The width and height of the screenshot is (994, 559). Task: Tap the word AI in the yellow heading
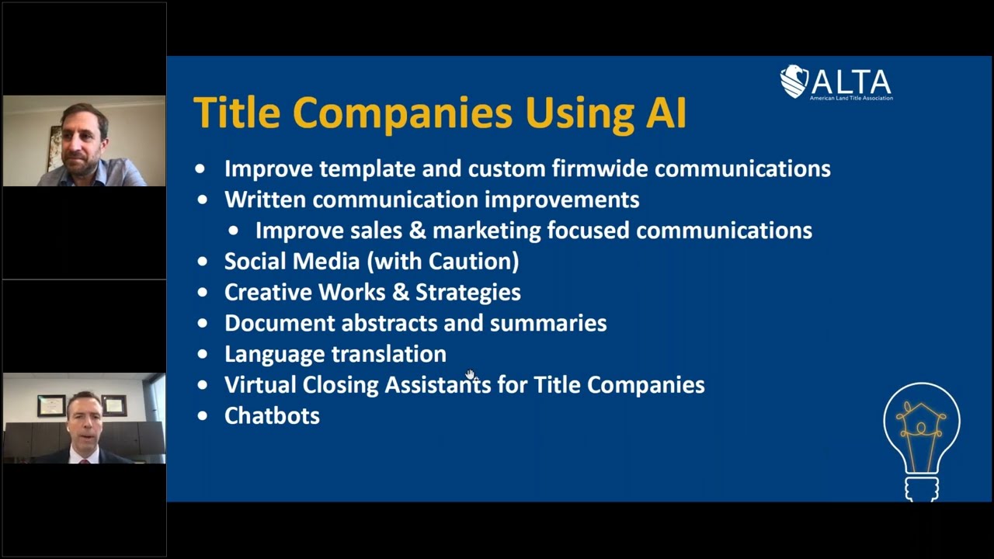pos(666,112)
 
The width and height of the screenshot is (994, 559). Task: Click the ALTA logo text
pos(851,81)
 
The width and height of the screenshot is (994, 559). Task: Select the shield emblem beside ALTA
pos(794,82)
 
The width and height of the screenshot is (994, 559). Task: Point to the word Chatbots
pos(272,416)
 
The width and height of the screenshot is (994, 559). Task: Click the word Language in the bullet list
pos(269,354)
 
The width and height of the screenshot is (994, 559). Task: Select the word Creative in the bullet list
pos(268,292)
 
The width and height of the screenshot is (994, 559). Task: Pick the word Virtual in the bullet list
pos(260,385)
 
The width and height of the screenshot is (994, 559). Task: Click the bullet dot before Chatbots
pos(203,416)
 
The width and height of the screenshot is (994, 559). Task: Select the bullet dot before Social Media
pos(203,262)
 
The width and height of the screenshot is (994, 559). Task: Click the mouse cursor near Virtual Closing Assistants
pos(470,376)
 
